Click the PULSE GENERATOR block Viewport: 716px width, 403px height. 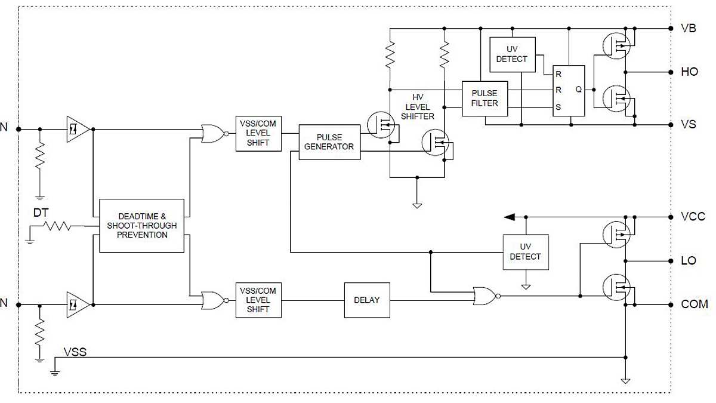click(x=329, y=142)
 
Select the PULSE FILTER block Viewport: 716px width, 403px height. click(x=484, y=99)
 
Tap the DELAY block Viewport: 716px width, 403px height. click(x=366, y=300)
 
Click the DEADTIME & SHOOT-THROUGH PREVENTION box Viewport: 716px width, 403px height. click(x=142, y=226)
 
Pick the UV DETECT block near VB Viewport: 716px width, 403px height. click(x=512, y=54)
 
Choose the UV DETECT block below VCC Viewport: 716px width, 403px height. click(x=526, y=252)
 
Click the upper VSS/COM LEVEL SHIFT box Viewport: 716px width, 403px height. click(x=258, y=134)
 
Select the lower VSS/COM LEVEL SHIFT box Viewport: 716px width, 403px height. click(x=258, y=300)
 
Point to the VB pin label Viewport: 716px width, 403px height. click(x=688, y=28)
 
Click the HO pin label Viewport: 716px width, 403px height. click(x=689, y=72)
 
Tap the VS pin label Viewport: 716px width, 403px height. click(x=688, y=125)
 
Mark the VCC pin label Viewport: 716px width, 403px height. click(x=692, y=217)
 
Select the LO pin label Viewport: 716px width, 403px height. click(x=688, y=261)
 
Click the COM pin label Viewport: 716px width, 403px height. click(x=694, y=304)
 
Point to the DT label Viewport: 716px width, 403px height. click(x=41, y=212)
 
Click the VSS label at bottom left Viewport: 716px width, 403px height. click(x=75, y=352)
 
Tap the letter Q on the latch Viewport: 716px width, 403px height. click(x=578, y=90)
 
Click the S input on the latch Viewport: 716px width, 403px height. click(x=558, y=107)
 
